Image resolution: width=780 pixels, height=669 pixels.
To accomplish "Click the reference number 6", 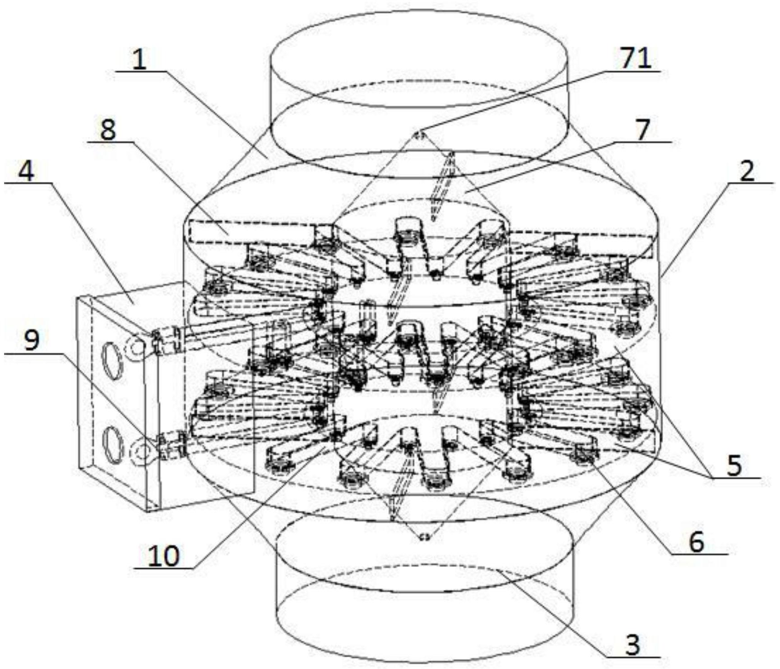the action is point(696,542).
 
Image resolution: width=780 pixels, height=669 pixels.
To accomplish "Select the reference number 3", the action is point(633,645).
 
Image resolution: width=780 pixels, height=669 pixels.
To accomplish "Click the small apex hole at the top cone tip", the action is point(419,134).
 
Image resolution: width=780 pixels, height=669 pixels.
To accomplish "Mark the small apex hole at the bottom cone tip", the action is point(424,537).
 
